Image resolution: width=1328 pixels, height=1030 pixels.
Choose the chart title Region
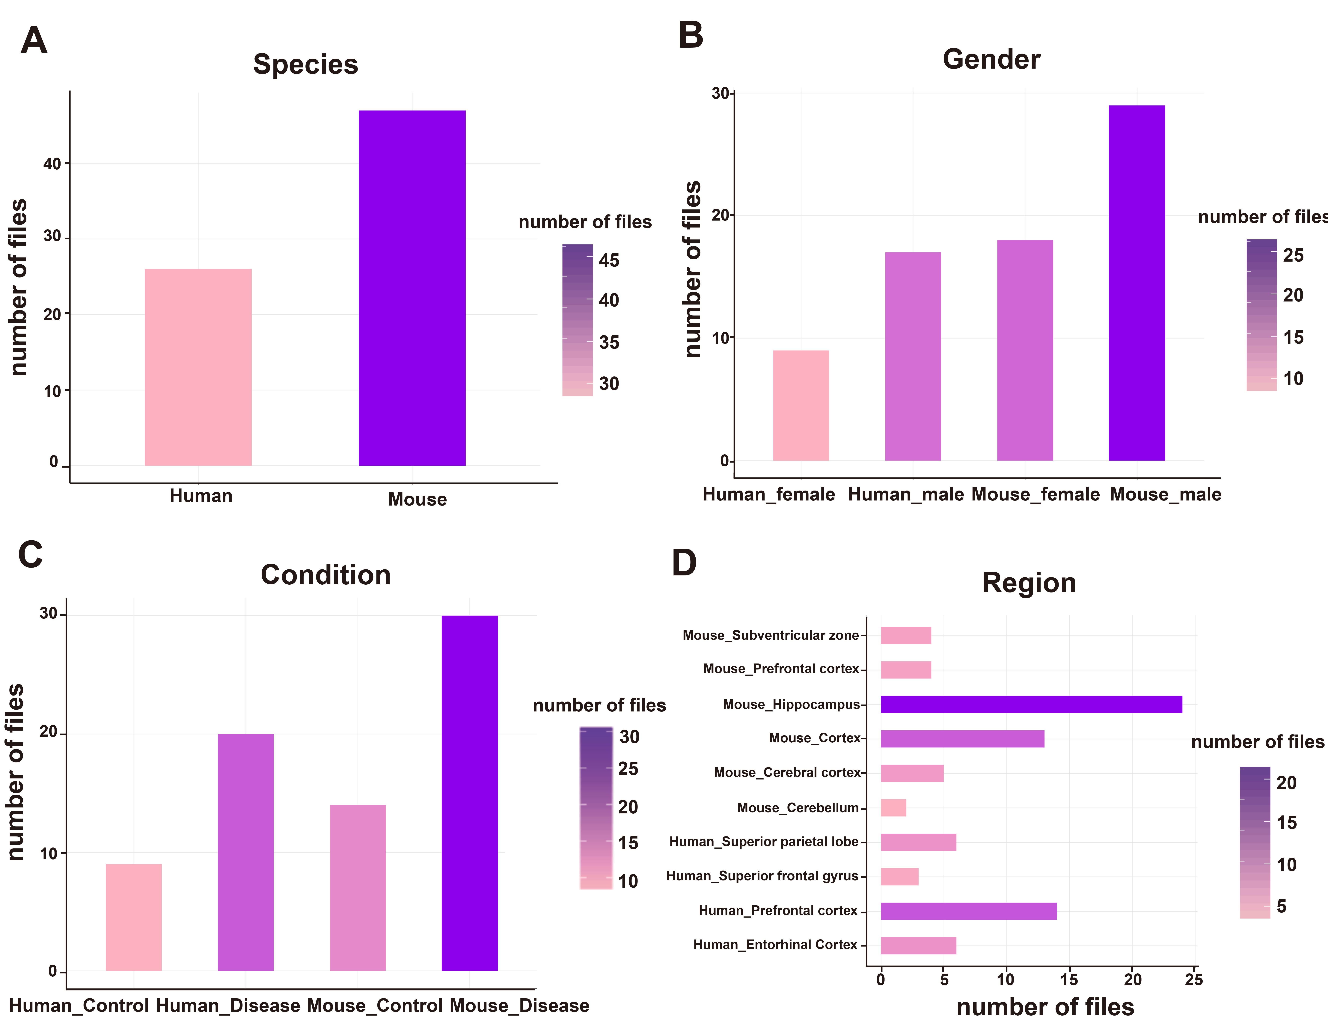pyautogui.click(x=1029, y=583)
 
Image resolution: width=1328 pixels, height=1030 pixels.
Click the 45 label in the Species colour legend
pyautogui.click(x=609, y=260)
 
